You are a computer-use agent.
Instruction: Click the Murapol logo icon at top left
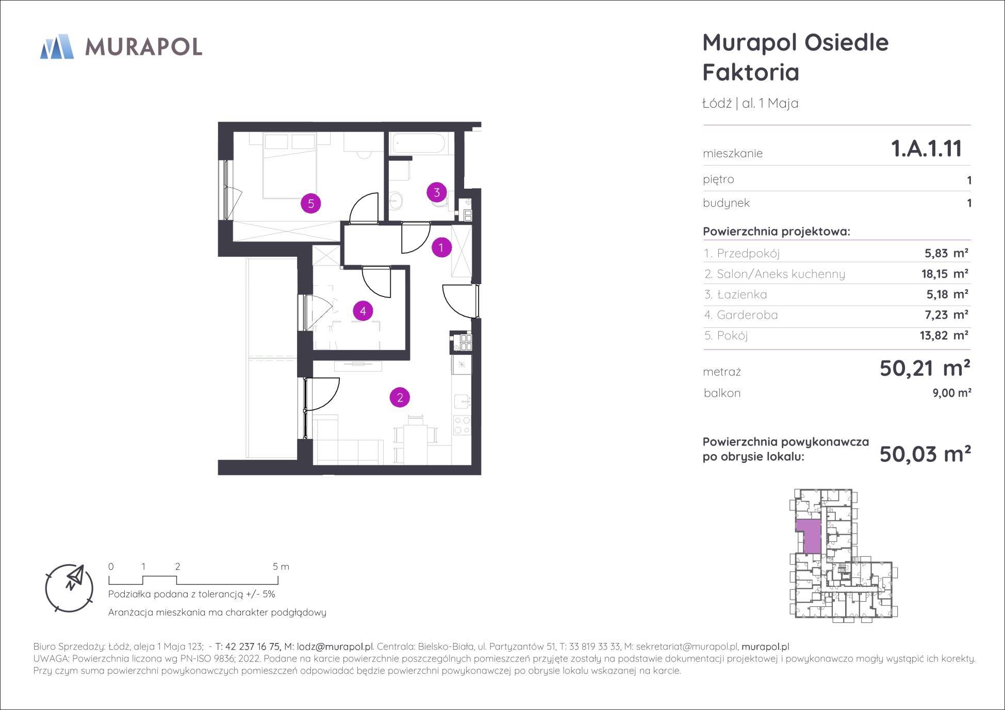point(57,46)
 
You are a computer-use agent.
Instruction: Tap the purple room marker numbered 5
point(311,204)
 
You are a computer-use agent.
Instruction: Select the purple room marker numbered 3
point(437,193)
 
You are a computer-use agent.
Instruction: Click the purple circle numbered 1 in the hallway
point(441,247)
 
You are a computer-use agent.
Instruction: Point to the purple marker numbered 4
point(363,311)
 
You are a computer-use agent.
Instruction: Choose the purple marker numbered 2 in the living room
point(400,398)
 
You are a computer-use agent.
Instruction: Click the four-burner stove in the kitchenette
point(462,424)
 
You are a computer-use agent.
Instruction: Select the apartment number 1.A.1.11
point(926,148)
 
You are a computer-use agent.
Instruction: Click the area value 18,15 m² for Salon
point(945,273)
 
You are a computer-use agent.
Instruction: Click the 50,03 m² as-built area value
point(925,454)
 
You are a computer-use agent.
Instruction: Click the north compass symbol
point(69,588)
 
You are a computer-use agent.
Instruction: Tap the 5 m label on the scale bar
point(281,567)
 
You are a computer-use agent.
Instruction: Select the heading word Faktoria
point(751,72)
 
